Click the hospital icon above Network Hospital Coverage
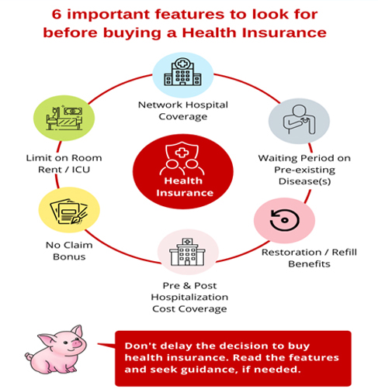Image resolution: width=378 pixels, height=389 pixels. pos(182,71)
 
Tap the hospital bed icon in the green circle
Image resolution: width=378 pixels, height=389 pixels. pos(64,118)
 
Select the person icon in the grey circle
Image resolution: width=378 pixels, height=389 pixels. pos(299,119)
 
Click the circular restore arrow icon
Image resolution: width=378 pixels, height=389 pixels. pos(285,220)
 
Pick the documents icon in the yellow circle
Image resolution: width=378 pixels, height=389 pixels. pos(69,212)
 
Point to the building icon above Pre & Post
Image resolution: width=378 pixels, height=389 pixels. pos(187,252)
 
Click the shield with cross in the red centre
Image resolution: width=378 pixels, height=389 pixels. pos(182,153)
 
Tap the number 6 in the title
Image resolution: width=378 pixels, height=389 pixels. pos(57,15)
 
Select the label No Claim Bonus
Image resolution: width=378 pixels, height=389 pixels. pos(69,251)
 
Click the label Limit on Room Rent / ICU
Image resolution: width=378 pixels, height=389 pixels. pos(64,164)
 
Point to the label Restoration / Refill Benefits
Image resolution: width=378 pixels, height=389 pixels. pos(309,258)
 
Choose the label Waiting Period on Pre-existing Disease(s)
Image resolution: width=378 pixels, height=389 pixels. pos(304,170)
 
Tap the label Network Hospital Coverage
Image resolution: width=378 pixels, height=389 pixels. pos(183,111)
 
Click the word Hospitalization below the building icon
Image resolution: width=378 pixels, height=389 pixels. pos(189,297)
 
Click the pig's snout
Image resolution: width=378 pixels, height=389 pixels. pos(78,343)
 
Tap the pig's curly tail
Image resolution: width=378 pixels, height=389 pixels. pos(29,356)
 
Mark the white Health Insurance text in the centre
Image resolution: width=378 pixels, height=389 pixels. pos(184,187)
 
